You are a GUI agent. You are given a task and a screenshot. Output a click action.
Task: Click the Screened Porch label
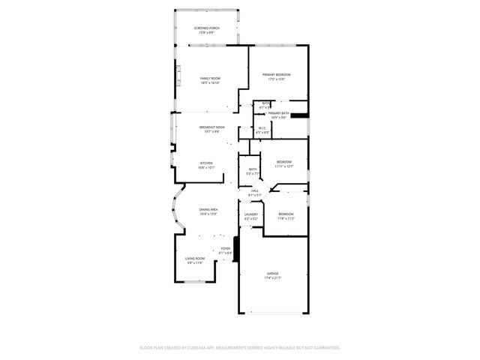pos(206,28)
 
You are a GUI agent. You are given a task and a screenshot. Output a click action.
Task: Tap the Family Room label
pos(210,79)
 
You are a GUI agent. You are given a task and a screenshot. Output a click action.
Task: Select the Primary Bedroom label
pos(276,75)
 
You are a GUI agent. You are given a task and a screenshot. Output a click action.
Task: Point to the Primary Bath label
pos(278,113)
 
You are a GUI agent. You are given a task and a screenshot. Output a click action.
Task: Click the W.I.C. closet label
pos(262,127)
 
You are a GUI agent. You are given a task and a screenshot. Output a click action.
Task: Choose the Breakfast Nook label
pos(211,127)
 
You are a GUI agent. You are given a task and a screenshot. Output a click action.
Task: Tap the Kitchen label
pos(205,163)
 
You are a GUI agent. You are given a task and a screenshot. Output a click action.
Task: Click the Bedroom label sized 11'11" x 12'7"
pos(283,162)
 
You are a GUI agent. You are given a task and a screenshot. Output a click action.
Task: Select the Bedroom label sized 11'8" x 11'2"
pos(286,214)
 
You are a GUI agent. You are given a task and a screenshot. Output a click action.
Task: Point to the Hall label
pos(255,190)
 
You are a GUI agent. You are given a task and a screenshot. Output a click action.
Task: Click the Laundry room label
pos(251,214)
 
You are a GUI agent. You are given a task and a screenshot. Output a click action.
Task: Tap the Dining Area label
pos(208,209)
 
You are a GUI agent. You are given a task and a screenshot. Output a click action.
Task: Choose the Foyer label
pos(226,248)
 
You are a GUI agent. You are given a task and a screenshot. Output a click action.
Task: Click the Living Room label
pos(195,259)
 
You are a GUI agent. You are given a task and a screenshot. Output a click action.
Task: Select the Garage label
pos(272,274)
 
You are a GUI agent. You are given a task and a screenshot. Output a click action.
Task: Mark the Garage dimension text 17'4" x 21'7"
pos(272,278)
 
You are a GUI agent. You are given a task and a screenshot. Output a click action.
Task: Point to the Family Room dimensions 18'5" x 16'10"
pos(210,83)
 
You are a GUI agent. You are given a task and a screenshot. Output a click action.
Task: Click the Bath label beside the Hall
pos(253,169)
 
